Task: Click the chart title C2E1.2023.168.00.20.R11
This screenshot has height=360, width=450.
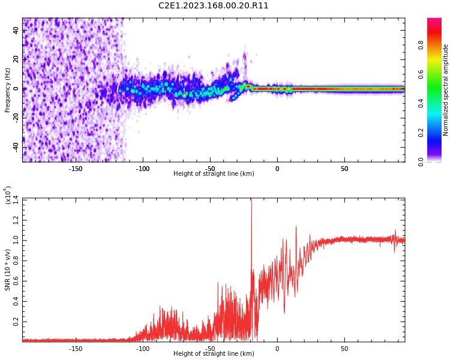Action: [214, 6]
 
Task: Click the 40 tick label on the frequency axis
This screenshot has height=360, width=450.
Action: [16, 31]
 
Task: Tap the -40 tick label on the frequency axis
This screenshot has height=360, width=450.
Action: [15, 147]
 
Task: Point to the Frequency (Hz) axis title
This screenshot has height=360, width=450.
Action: [8, 90]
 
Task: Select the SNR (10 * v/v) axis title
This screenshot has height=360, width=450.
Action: [8, 270]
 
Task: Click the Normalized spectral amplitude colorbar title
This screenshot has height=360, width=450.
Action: [446, 90]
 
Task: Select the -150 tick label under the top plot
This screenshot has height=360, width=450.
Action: [76, 169]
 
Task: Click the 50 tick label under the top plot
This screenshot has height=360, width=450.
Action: [344, 169]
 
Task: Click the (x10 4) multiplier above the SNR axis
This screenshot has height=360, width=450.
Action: [8, 195]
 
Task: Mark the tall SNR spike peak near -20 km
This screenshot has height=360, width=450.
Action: [251, 201]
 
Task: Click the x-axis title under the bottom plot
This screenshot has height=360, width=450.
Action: [214, 354]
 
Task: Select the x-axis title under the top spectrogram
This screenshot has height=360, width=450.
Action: [214, 174]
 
